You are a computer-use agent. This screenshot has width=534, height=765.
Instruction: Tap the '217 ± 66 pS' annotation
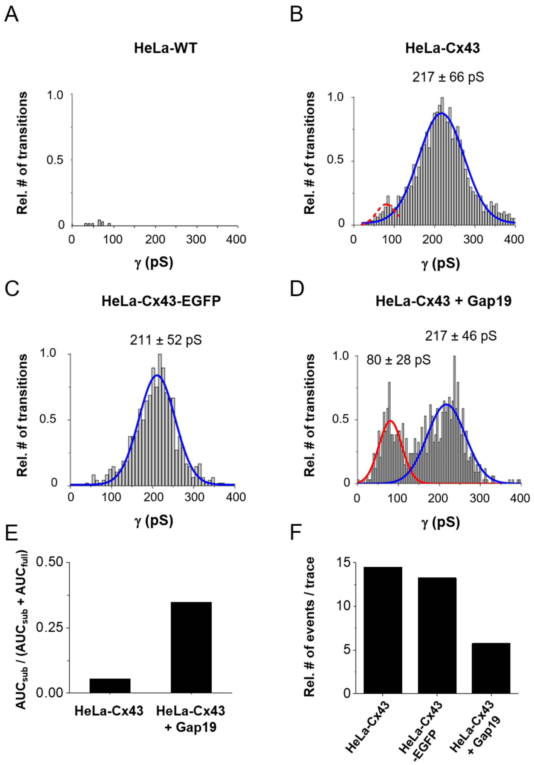point(448,77)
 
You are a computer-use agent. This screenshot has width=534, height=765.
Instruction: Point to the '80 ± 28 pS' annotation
point(399,360)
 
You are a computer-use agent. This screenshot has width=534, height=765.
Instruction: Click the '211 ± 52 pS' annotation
point(166,340)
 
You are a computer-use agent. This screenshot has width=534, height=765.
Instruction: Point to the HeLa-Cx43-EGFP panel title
point(161,301)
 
